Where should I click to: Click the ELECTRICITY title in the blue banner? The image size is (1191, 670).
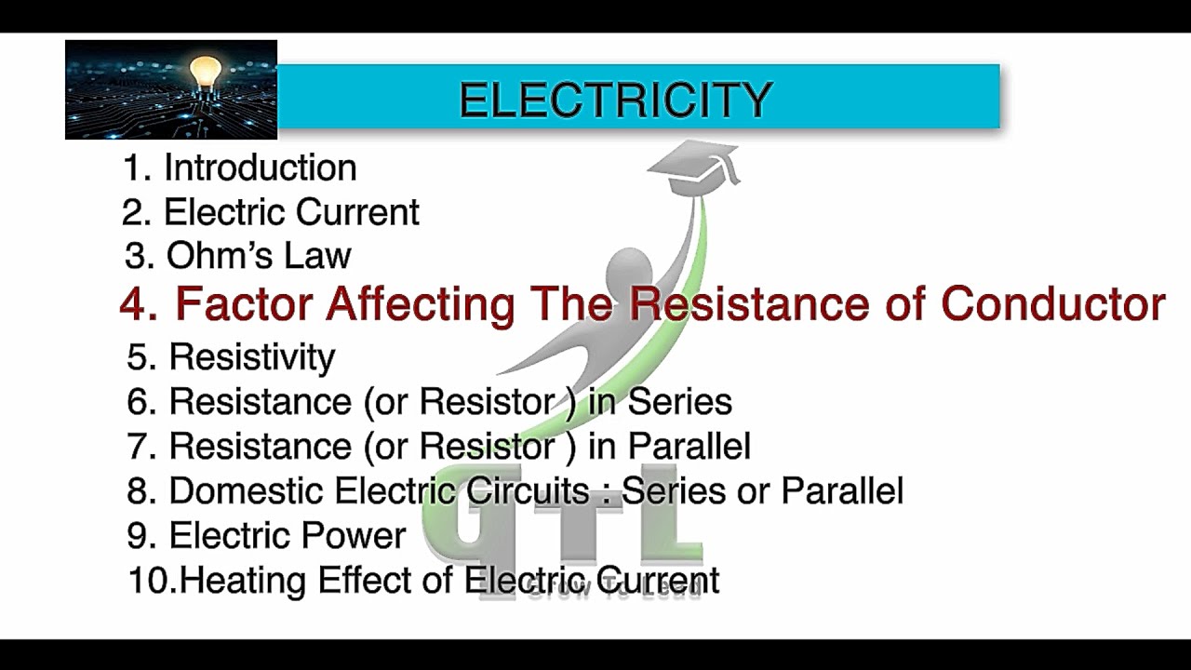[616, 100]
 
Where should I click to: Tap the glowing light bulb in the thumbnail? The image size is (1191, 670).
[206, 72]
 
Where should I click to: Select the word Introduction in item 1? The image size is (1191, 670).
[261, 167]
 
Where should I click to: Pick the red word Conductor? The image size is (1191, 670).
[1053, 304]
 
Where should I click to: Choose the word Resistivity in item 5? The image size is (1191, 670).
[251, 356]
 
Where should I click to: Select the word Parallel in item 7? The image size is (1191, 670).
[689, 446]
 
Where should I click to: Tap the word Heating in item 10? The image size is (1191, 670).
[244, 581]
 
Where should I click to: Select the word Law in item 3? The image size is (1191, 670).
[321, 256]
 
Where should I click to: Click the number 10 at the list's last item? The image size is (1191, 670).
[150, 581]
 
